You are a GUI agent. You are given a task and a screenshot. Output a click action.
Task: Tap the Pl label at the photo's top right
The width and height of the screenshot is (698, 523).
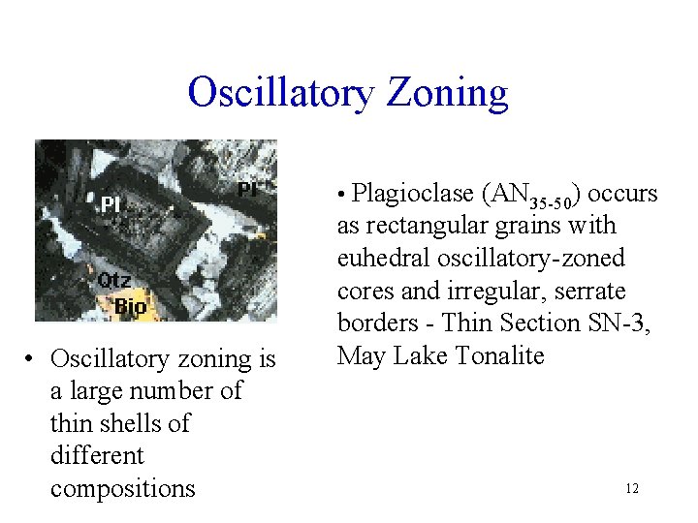click(x=247, y=189)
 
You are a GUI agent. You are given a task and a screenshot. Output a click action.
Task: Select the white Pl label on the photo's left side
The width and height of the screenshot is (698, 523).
click(x=111, y=205)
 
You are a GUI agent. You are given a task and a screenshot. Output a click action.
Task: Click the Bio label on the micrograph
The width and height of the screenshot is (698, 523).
click(x=131, y=307)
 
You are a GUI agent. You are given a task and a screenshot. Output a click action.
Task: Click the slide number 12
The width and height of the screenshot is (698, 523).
click(x=632, y=489)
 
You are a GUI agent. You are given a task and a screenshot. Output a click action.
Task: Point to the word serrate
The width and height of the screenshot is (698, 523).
click(x=589, y=292)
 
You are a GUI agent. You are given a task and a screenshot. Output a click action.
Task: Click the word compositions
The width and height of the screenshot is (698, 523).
click(x=123, y=488)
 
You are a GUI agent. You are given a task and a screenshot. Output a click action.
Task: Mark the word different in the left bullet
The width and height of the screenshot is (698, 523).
click(x=97, y=455)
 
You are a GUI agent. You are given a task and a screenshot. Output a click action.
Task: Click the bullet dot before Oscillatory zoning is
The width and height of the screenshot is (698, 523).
click(x=32, y=359)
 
